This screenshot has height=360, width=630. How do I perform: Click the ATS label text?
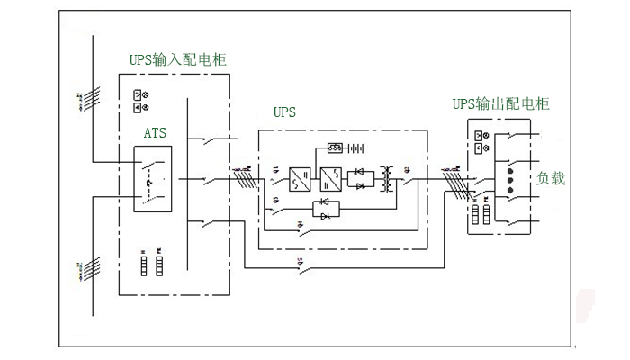155,132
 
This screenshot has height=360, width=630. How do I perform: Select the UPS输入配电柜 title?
177,59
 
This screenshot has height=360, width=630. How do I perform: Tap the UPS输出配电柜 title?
500,103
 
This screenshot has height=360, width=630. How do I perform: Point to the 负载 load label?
552,178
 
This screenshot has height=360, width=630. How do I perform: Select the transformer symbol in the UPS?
389,178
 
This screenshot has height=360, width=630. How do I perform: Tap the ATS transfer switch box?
153,179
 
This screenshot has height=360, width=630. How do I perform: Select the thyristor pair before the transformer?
360,178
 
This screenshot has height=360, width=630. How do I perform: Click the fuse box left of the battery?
335,148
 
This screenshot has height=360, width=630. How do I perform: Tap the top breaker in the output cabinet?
515,135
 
